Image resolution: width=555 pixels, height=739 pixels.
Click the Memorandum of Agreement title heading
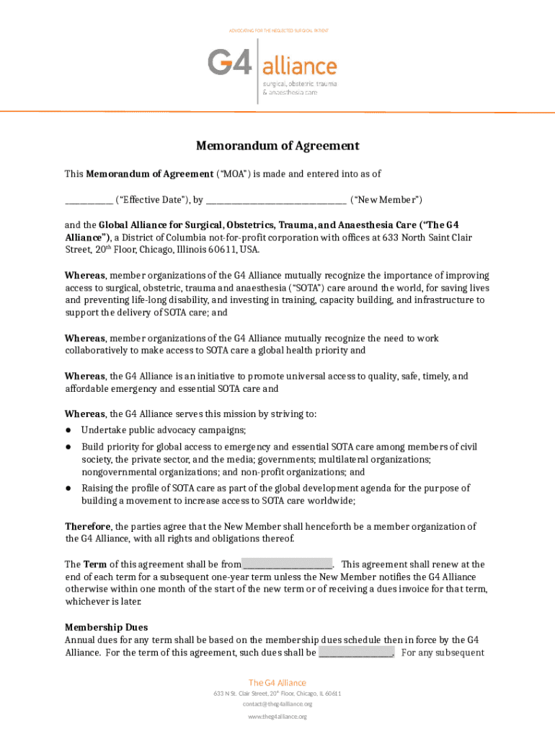coord(277,146)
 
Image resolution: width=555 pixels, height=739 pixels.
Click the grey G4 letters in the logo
coord(230,63)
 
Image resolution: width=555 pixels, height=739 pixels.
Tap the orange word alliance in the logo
coord(299,67)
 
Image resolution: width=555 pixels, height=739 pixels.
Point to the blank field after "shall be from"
coord(287,564)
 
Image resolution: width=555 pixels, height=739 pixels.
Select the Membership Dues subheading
coord(106,627)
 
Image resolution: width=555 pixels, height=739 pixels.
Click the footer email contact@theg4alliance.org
coord(277,704)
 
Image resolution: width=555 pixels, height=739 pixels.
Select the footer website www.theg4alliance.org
coord(277,717)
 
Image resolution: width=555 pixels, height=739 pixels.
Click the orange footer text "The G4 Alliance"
coord(277,683)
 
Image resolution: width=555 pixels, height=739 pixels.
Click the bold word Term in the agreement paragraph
coord(95,564)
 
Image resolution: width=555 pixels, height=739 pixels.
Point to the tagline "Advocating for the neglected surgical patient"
coord(278,31)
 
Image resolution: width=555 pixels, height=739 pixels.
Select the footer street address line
coord(277,694)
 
